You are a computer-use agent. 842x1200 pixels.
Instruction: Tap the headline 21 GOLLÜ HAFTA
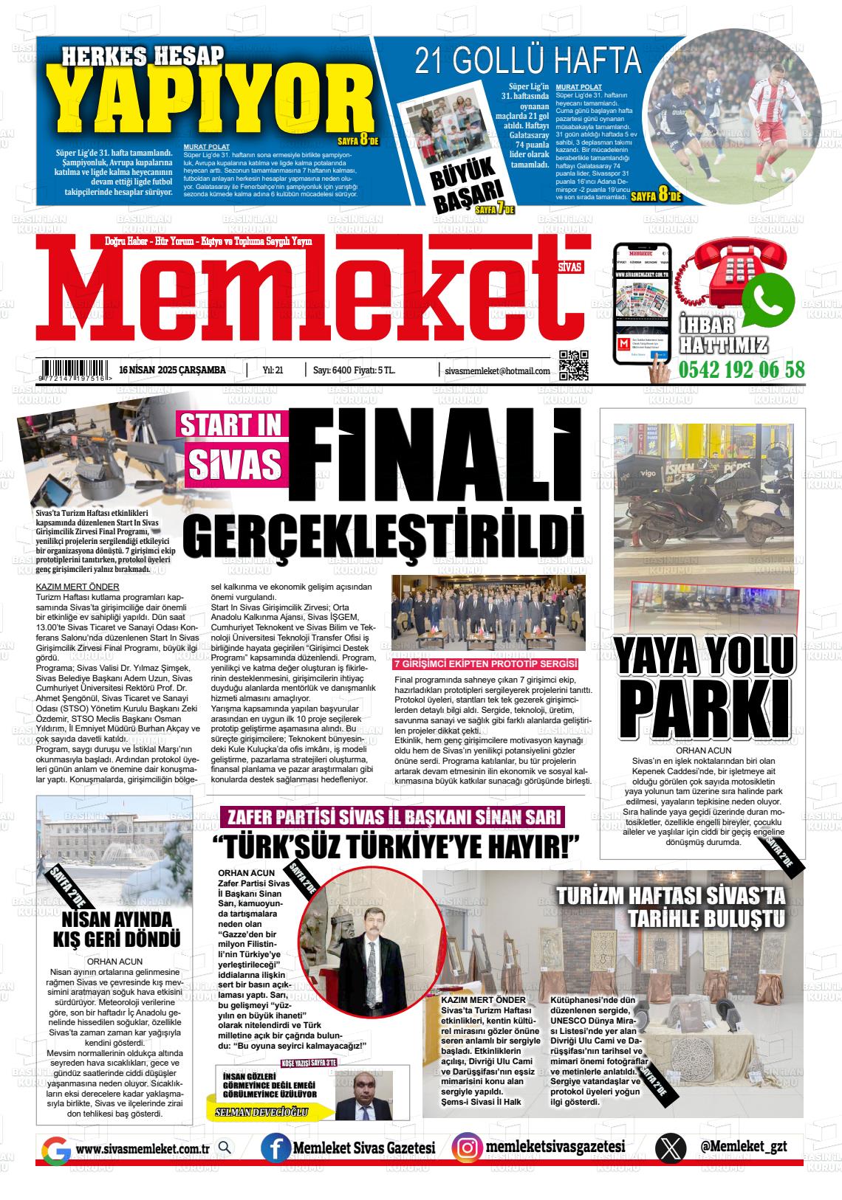pos(527,61)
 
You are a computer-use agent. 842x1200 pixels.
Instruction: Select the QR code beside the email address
pos(573,365)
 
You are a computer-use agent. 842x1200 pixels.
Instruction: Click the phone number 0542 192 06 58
pos(742,369)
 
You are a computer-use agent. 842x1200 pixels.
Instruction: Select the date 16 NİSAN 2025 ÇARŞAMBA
pos(172,370)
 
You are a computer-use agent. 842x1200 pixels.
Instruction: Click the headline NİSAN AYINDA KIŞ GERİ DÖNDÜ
pos(117,929)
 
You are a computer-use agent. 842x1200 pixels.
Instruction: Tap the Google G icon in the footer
pos(55,1149)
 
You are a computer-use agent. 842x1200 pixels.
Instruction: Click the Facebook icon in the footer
pos(275,1148)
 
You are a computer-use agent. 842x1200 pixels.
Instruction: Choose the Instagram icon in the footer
pos(467,1148)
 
